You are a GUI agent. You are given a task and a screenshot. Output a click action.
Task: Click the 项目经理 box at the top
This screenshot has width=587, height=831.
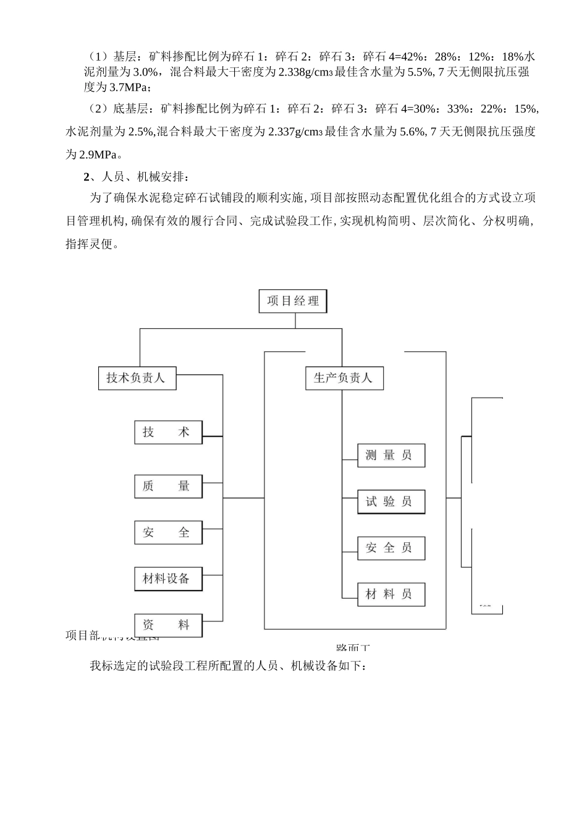pyautogui.click(x=293, y=301)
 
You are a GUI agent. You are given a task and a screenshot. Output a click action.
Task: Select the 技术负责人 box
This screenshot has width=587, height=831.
pyautogui.click(x=137, y=378)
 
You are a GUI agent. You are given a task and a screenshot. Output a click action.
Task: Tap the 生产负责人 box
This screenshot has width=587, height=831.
pyautogui.click(x=344, y=378)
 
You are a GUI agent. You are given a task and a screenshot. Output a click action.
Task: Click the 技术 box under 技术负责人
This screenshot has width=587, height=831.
pyautogui.click(x=168, y=432)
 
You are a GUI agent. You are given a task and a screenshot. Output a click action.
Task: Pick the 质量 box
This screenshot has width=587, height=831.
pyautogui.click(x=168, y=486)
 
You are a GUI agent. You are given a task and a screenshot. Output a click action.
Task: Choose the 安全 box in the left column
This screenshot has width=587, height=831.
pyautogui.click(x=168, y=532)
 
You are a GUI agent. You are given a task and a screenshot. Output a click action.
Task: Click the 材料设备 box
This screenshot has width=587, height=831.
pyautogui.click(x=168, y=579)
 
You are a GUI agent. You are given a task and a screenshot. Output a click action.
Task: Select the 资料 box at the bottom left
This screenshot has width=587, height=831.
pyautogui.click(x=168, y=625)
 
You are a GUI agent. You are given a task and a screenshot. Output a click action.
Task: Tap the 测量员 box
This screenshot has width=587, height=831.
pyautogui.click(x=391, y=455)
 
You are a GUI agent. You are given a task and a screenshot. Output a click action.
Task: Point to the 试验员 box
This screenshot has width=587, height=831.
pyautogui.click(x=391, y=501)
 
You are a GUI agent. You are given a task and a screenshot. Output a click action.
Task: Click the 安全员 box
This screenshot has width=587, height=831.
pyautogui.click(x=391, y=548)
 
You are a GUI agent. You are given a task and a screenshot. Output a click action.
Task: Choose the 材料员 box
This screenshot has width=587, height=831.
pyautogui.click(x=391, y=594)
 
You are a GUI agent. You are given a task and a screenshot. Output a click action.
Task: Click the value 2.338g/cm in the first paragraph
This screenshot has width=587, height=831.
pyautogui.click(x=305, y=72)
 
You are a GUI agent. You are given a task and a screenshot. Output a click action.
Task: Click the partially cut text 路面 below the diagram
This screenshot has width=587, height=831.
pyautogui.click(x=353, y=648)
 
